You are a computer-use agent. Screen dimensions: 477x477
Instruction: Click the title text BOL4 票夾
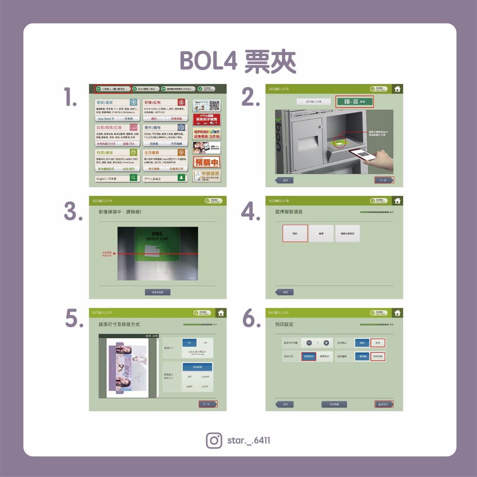coord(238,61)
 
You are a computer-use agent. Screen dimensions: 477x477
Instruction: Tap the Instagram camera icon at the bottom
coord(214,440)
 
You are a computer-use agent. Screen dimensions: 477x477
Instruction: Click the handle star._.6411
coord(249,440)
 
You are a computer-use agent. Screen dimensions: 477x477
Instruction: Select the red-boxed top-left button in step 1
coord(112,89)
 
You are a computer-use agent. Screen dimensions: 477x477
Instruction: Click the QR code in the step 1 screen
coord(215,105)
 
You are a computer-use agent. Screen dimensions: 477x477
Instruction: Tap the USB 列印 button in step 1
coord(129,169)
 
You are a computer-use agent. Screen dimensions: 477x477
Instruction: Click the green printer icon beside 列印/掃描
coord(133,152)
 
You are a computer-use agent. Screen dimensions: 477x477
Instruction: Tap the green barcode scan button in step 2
coord(354,102)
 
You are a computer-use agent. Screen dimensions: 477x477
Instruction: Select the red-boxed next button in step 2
coord(383,180)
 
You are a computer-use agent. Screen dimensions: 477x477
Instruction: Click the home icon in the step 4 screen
coord(397,201)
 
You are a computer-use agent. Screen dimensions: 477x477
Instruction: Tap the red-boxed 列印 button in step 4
coord(295,234)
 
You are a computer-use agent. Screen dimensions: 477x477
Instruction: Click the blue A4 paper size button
coord(189,342)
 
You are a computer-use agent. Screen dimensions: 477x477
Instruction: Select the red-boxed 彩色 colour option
coord(378,343)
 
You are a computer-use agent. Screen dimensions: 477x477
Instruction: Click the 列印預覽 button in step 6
coord(334,404)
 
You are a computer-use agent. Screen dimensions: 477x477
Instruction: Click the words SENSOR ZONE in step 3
coord(157,238)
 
